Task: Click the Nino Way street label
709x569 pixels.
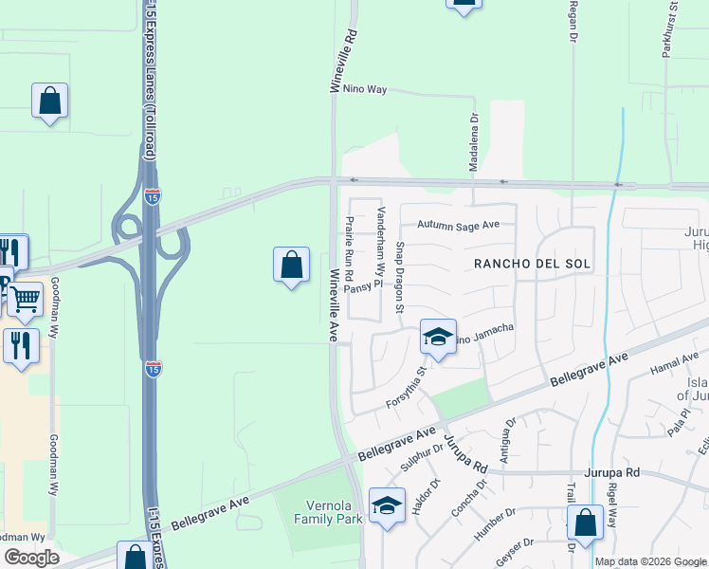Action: click(x=366, y=89)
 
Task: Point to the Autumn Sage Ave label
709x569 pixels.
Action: click(x=459, y=226)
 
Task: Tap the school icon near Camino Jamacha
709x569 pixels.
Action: click(x=438, y=337)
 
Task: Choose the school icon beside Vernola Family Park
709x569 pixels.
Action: click(x=387, y=506)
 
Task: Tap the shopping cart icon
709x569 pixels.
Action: click(x=25, y=300)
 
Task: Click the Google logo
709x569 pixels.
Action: click(x=31, y=558)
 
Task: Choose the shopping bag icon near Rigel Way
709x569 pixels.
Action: click(x=586, y=523)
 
